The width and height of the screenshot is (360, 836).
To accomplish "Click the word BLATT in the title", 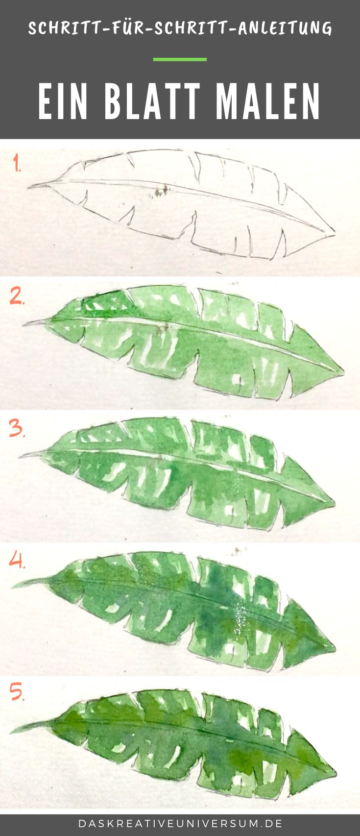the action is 152,101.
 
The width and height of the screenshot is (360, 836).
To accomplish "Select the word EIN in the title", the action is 63,101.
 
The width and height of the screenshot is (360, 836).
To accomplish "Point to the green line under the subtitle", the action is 180,59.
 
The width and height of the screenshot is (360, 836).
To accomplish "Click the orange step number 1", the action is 17,163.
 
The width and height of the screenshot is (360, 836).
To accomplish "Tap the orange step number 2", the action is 17,296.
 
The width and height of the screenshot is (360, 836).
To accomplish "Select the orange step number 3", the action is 17,428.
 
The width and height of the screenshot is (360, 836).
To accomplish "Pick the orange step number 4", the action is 17,560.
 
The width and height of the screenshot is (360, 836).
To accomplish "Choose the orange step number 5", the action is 17,691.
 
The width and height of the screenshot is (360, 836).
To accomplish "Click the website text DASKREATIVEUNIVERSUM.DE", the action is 180,823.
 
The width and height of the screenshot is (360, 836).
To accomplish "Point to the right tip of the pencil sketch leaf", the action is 335,235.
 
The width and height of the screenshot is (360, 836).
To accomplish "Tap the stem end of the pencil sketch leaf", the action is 28,187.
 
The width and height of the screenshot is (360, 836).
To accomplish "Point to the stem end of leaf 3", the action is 20,456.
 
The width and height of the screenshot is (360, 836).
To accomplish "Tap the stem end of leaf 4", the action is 12,587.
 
